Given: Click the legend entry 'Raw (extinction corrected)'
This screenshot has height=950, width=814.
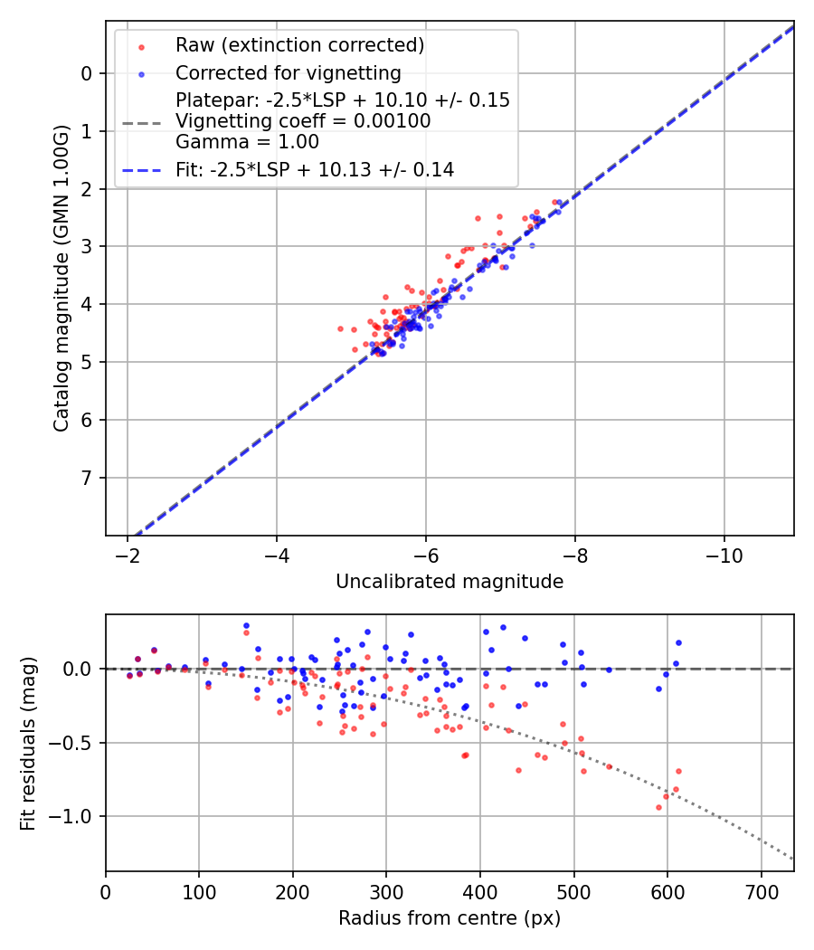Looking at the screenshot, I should tap(299, 45).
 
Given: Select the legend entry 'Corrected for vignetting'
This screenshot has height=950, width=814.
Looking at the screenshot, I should tap(288, 72).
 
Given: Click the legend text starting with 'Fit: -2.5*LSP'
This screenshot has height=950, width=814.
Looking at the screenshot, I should tap(314, 169).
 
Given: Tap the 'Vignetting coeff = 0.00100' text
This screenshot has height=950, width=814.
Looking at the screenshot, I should tap(303, 121).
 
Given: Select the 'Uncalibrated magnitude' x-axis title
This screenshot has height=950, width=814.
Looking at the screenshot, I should tap(450, 582).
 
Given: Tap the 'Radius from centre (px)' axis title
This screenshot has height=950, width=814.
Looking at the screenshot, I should tap(450, 918).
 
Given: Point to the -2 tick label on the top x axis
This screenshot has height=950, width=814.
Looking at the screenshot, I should tap(128, 555).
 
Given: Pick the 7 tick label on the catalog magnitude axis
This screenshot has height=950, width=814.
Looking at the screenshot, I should tap(87, 478).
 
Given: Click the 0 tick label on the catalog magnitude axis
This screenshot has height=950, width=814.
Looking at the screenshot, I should tap(87, 73).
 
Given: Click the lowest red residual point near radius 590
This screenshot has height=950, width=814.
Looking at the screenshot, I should tap(658, 807).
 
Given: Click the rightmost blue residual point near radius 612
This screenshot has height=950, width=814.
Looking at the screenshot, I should tap(678, 642).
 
